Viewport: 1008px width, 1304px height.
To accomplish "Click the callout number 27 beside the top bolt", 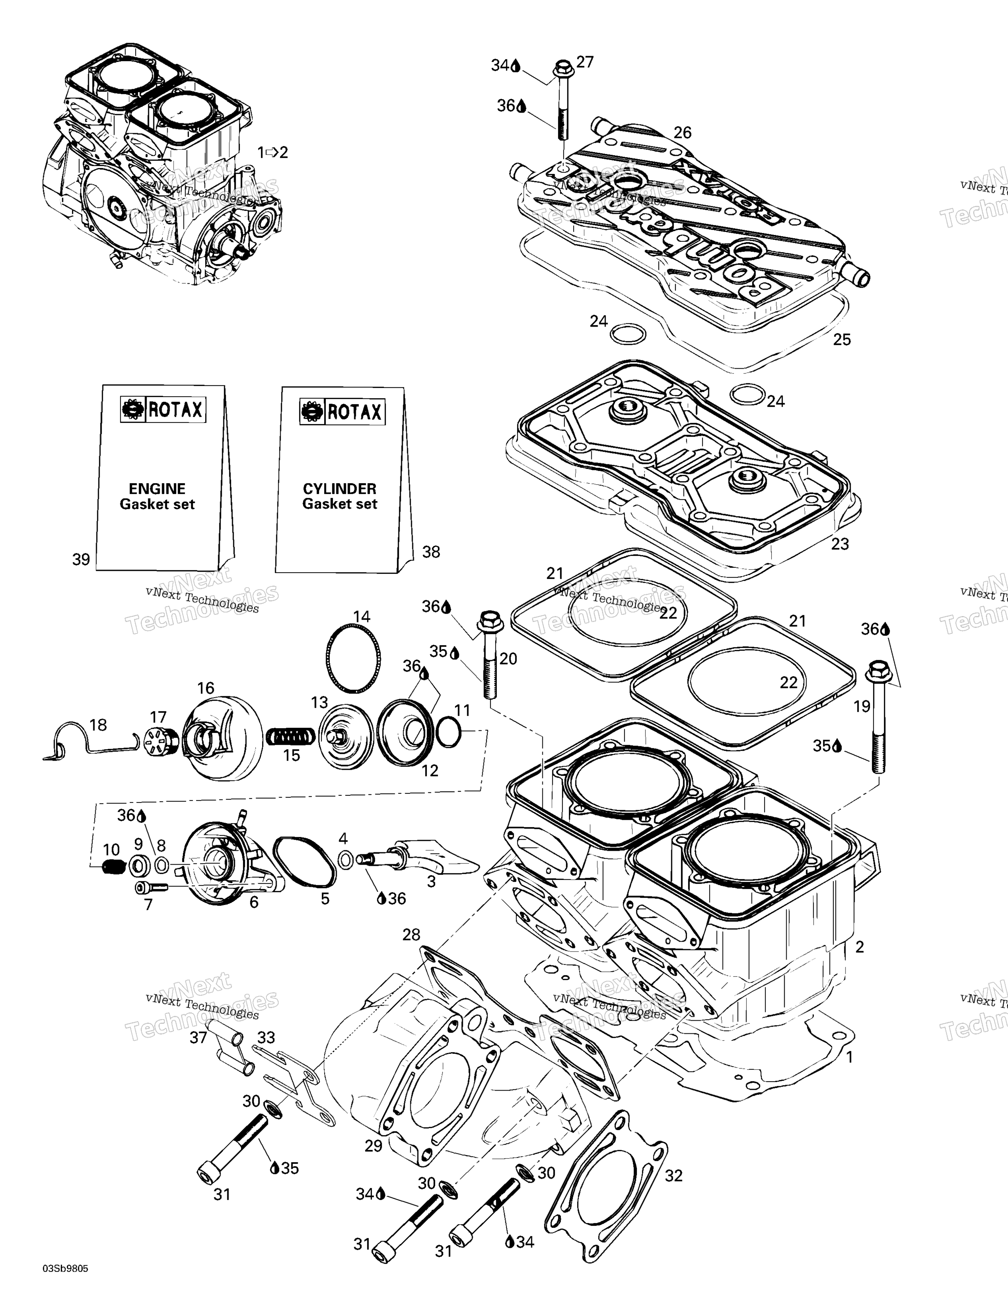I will pos(585,62).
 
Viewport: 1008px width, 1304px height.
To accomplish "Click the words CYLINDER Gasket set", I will pos(339,496).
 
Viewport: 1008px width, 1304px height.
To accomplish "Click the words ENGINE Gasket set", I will pos(157,496).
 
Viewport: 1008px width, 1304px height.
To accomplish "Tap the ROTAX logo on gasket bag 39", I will pos(163,410).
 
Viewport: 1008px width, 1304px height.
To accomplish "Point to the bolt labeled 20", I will pos(490,657).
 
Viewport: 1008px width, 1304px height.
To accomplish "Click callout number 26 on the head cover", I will pos(682,132).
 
